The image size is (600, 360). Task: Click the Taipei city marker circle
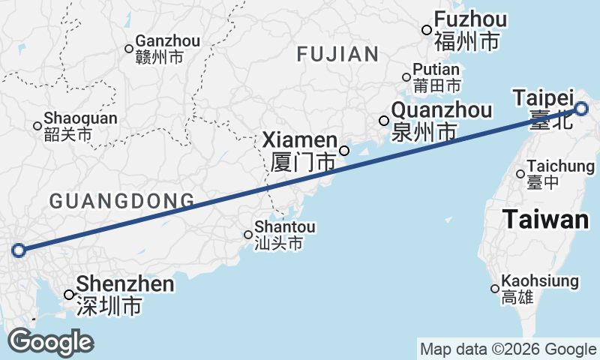tap(582, 110)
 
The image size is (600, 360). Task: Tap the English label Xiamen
tap(299, 140)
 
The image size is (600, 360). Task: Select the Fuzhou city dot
tap(427, 30)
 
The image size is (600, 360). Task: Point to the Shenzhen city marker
tap(69, 295)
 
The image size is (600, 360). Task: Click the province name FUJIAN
tap(337, 54)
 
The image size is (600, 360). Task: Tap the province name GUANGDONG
tap(121, 200)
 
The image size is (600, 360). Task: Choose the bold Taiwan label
tap(545, 220)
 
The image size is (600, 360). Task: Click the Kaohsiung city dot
tap(495, 289)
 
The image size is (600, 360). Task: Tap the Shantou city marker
tap(248, 235)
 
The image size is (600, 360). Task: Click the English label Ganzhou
tap(167, 41)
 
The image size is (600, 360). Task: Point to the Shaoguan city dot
tap(37, 125)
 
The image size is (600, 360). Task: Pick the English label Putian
tap(436, 70)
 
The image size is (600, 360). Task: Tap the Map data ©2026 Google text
tap(508, 349)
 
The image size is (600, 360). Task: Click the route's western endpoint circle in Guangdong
tap(19, 250)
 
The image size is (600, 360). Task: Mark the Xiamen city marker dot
tap(344, 150)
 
